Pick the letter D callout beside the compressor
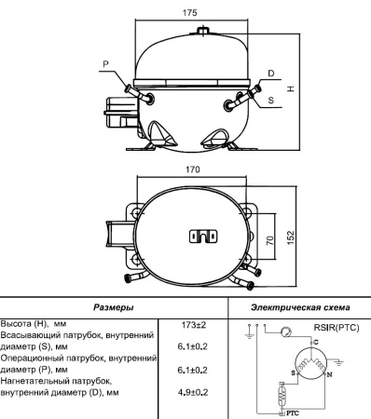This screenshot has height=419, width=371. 270,74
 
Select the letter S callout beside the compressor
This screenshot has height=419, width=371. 270,98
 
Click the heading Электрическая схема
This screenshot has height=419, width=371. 299,306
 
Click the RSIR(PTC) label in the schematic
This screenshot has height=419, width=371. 337,327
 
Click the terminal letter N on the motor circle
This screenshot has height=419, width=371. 329,373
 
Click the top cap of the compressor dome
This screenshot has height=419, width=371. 202,33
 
